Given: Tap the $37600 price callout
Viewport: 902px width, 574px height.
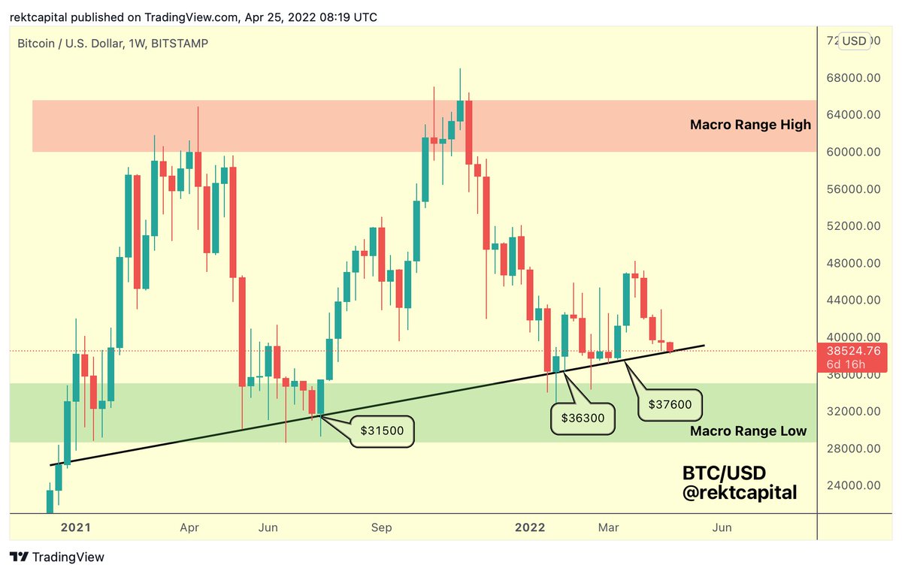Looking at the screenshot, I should pos(670,405).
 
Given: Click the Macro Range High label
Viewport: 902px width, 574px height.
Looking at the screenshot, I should pos(749,125).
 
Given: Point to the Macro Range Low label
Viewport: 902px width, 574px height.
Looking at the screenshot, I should pos(748,431).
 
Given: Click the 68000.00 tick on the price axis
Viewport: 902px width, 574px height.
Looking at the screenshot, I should pos(854,78).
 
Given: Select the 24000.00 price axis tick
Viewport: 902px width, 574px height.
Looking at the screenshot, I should pos(854,485).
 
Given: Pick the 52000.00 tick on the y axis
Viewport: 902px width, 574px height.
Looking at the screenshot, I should pos(854,226).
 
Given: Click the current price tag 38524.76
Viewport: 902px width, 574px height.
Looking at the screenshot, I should pos(854,350).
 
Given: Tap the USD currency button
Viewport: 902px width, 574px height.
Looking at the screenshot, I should pos(854,41).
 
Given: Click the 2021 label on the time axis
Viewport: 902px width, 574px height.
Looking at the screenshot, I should pos(76,528).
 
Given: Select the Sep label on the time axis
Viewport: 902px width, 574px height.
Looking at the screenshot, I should pos(382,528).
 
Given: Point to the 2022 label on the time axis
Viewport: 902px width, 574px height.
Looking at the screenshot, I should pos(529,528).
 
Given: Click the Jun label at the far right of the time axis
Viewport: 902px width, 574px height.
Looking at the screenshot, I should pos(722,528).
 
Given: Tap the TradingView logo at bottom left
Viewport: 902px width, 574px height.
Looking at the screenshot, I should pos(57,557).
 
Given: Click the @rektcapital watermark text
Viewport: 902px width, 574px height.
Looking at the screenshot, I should pos(739,494).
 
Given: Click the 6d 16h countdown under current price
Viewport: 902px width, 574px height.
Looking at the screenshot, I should pos(845,364).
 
